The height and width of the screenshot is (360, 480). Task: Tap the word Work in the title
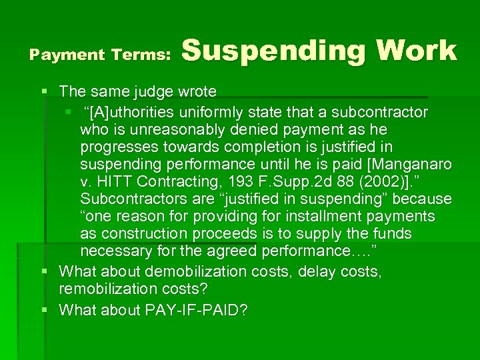point(416,51)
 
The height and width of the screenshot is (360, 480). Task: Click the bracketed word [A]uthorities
point(134,111)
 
